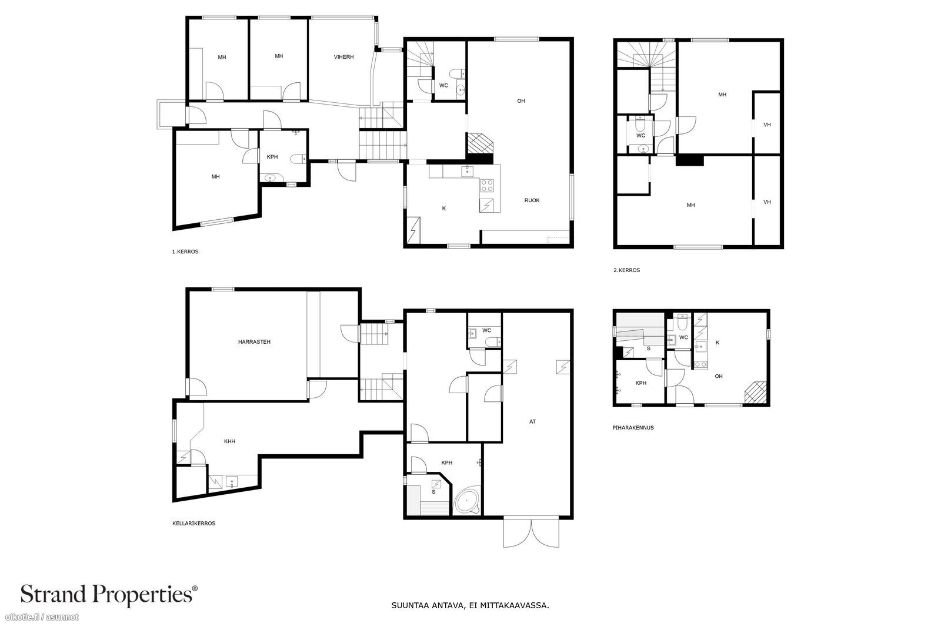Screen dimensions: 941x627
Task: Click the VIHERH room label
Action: (343, 57)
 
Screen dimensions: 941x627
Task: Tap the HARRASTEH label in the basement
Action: (254, 342)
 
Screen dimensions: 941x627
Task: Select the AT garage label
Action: (532, 422)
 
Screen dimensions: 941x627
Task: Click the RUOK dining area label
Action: (532, 200)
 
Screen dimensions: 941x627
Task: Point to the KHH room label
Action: (229, 441)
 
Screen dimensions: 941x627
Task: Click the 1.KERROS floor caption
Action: (185, 252)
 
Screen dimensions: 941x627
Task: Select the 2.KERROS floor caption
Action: (626, 270)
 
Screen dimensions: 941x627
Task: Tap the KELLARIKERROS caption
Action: (193, 524)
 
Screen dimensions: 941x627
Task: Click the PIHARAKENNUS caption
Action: (633, 428)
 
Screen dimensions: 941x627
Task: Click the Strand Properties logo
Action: (109, 595)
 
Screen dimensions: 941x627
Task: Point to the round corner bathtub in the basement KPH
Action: (467, 501)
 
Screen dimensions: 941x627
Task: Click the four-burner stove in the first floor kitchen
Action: (487, 186)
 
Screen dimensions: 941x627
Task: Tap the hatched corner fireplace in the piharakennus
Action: (756, 393)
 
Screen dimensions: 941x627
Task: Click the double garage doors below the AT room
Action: (531, 533)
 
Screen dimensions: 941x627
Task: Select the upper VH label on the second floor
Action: (767, 125)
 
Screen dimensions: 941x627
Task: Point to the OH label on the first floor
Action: (521, 101)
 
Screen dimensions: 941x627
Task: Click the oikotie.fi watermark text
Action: (42, 618)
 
